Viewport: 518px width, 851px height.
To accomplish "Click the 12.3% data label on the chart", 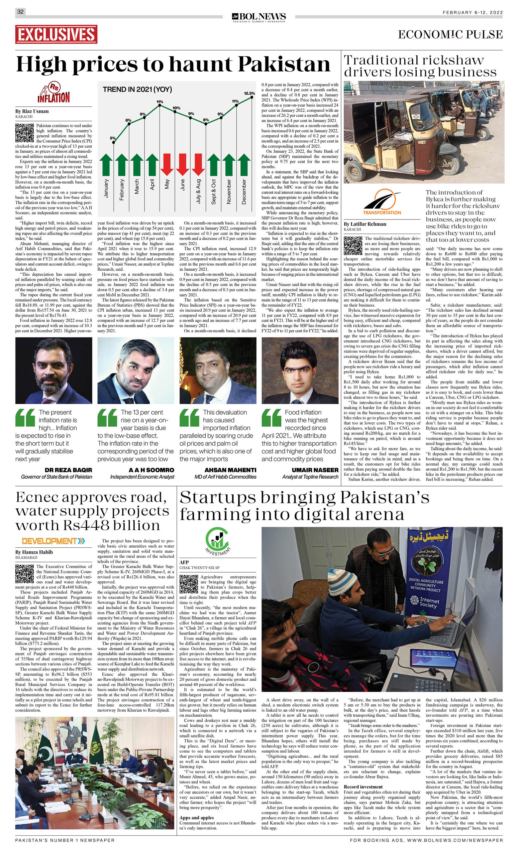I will click(249, 93).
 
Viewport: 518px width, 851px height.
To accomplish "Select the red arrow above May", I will click(167, 164).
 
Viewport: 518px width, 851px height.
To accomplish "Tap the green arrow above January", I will click(106, 164).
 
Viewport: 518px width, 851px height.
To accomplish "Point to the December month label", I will click(244, 192).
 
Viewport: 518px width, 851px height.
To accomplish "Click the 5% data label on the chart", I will click(113, 138).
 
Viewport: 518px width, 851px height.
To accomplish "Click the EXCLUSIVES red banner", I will click(56, 35).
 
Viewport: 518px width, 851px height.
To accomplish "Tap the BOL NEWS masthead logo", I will click(259, 17).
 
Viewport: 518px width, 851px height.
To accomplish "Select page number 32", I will click(20, 12).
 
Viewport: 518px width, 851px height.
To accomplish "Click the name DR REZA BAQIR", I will click(68, 470).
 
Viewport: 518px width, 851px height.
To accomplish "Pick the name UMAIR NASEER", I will click(315, 470).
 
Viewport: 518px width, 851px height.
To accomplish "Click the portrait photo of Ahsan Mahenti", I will click(218, 370).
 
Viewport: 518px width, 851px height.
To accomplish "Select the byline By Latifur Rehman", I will click(365, 224).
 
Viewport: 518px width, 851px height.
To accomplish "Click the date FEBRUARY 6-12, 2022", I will click(472, 12).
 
